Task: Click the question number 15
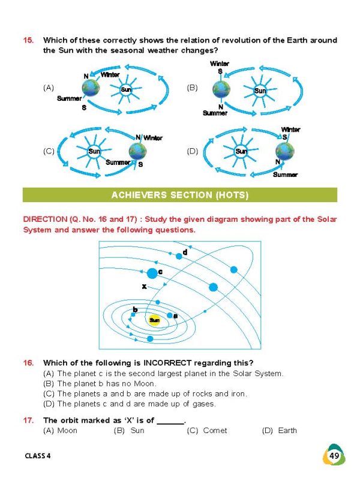[28, 40]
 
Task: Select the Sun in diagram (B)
[260, 91]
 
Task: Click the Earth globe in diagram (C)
[137, 152]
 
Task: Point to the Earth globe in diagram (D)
[284, 151]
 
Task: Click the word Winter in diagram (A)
[110, 75]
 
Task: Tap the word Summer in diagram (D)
[285, 175]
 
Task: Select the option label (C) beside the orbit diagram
[49, 151]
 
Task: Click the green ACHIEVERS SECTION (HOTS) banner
[180, 195]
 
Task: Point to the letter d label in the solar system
[185, 252]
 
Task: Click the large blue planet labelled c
[152, 273]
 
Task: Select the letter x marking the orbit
[144, 287]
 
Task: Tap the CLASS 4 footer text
[38, 456]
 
